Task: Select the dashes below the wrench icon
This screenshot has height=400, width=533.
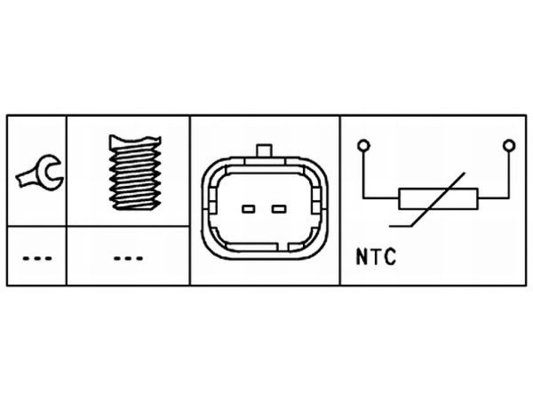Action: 37,258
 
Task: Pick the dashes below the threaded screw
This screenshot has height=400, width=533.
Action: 128,258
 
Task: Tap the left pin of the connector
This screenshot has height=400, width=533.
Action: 248,209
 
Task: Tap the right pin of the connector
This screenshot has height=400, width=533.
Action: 279,209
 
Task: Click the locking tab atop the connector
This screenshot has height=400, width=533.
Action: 264,151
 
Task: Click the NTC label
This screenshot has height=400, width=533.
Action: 376,256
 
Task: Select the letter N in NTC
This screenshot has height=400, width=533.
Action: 361,256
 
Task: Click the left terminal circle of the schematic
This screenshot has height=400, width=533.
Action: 363,146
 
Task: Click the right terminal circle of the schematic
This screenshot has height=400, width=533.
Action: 509,146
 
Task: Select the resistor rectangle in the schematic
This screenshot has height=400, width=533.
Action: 438,198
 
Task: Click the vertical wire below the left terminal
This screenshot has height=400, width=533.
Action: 363,174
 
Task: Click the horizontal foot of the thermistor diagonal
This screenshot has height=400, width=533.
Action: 400,226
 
